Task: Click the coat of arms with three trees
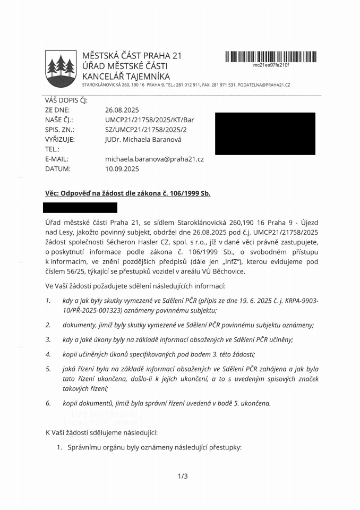click(x=60, y=68)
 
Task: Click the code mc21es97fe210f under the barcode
click(x=271, y=65)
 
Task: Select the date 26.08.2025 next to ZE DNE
click(x=122, y=110)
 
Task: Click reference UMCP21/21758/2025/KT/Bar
click(x=146, y=120)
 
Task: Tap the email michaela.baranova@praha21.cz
click(x=154, y=159)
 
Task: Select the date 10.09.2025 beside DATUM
click(x=122, y=168)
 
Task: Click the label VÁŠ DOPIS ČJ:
click(x=66, y=100)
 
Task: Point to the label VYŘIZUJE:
click(x=60, y=139)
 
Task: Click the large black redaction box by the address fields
click(x=264, y=133)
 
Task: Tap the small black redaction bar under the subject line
click(x=81, y=208)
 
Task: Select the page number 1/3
click(x=183, y=476)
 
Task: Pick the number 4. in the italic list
click(x=48, y=354)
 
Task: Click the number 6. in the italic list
click(x=48, y=403)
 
